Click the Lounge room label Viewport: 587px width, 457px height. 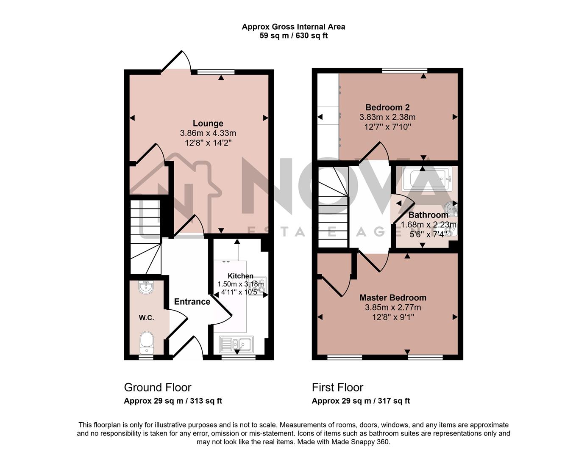pyautogui.click(x=208, y=124)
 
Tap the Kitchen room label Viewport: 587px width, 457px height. pyautogui.click(x=240, y=276)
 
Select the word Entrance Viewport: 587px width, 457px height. pyautogui.click(x=192, y=302)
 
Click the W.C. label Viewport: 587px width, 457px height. pyautogui.click(x=146, y=318)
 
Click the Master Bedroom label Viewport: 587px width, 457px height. pyautogui.click(x=393, y=297)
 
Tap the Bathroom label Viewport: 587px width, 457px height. pyautogui.click(x=428, y=215)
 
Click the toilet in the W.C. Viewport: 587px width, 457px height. pyautogui.click(x=147, y=342)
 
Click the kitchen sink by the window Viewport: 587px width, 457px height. pyautogui.click(x=236, y=344)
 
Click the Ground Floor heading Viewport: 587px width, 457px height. pyautogui.click(x=158, y=387)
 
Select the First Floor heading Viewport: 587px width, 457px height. pyautogui.click(x=337, y=387)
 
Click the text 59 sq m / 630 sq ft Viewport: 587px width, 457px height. pyautogui.click(x=293, y=36)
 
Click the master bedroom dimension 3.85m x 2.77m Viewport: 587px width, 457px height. pyautogui.click(x=393, y=308)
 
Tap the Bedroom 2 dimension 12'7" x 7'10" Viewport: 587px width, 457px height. pyautogui.click(x=385, y=127)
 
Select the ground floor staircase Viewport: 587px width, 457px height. pyautogui.click(x=145, y=237)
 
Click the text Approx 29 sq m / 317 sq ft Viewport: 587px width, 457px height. pyautogui.click(x=361, y=401)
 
